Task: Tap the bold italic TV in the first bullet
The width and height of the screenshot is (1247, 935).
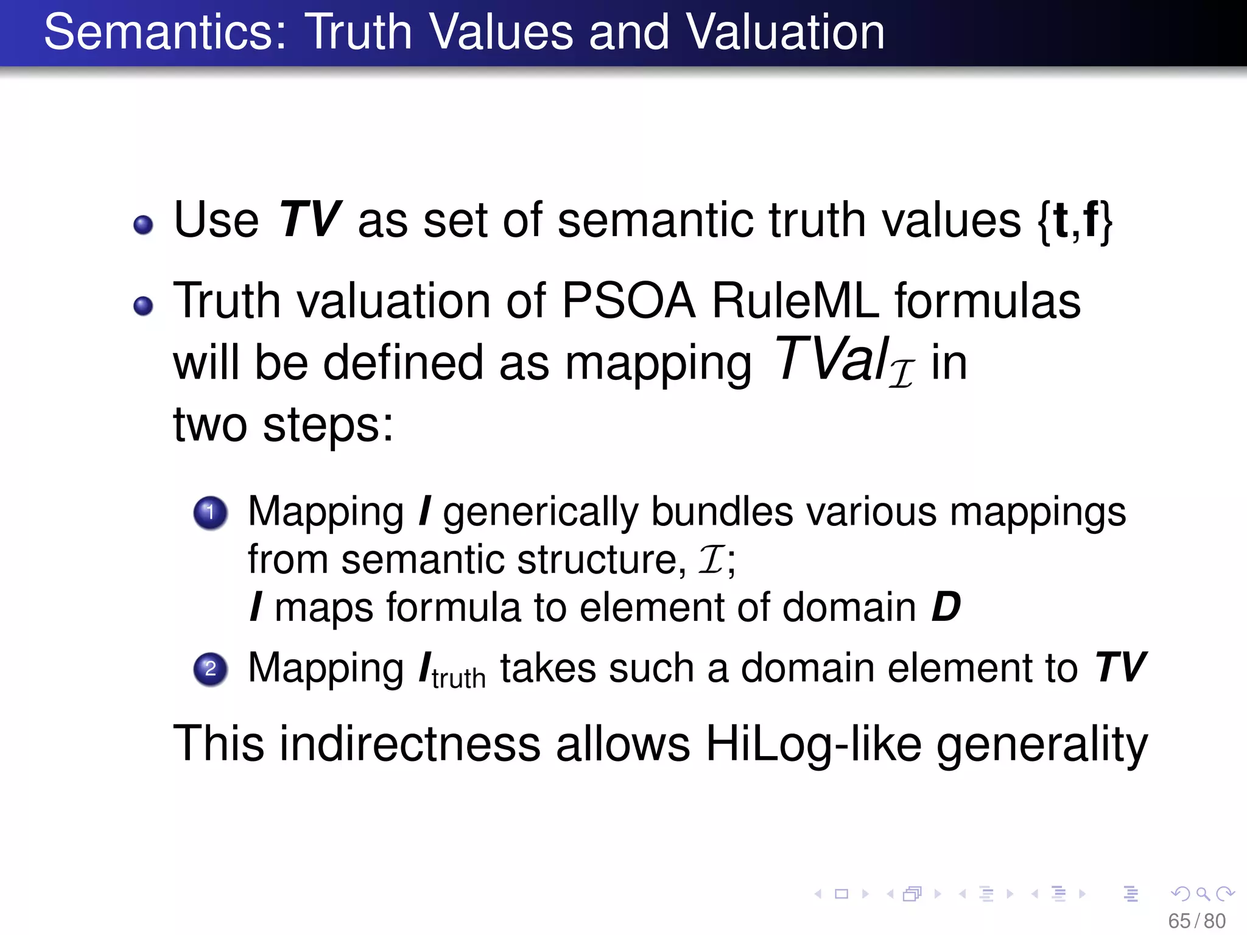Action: point(309,220)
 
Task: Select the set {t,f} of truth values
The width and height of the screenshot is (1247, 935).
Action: point(1075,221)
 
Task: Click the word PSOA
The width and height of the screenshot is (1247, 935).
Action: point(628,301)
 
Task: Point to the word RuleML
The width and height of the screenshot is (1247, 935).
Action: point(795,301)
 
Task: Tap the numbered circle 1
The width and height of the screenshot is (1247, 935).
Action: point(211,512)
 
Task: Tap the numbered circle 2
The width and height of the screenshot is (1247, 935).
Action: point(211,669)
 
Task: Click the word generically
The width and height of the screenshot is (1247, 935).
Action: point(540,513)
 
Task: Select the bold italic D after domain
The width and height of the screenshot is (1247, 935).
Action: point(946,607)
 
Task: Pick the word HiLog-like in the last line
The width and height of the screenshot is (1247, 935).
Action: point(813,744)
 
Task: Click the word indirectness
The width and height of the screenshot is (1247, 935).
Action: point(410,744)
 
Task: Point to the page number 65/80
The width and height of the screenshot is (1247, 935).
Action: point(1196,921)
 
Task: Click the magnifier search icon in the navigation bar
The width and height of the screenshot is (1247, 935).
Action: point(1203,894)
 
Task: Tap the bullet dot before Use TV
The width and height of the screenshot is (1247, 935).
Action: point(143,225)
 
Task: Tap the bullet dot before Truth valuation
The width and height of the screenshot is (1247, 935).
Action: point(143,306)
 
